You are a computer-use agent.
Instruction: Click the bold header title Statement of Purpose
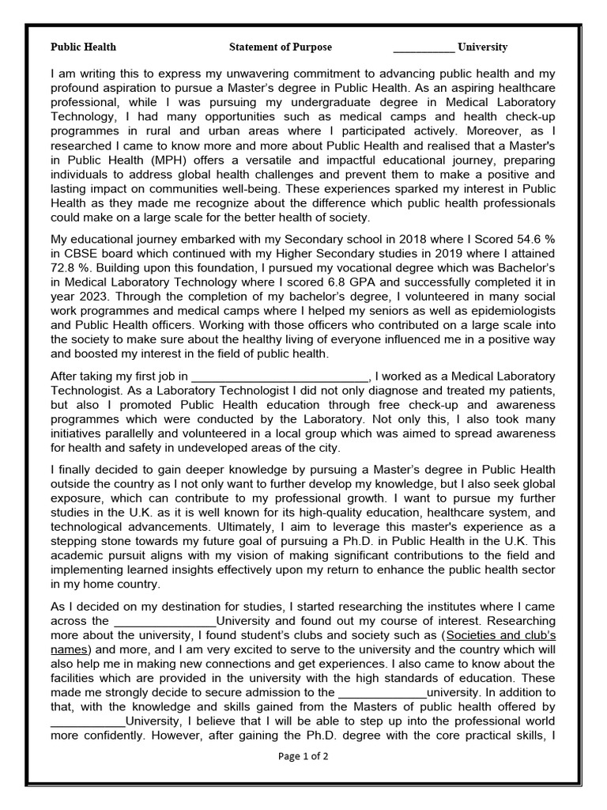click(x=281, y=47)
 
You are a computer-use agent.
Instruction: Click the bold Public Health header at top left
click(x=83, y=47)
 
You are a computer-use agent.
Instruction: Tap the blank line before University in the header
click(x=424, y=48)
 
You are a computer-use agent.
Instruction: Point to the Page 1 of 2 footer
click(x=303, y=756)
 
